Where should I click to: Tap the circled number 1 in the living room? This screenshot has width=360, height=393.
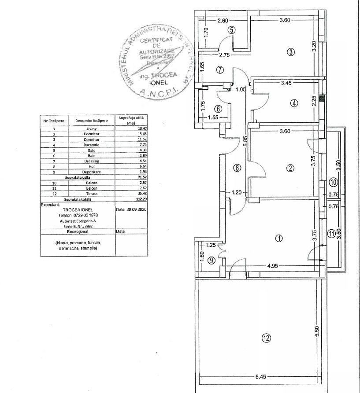pyautogui.click(x=278, y=239)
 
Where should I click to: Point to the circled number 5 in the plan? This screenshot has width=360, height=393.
pyautogui.click(x=232, y=30)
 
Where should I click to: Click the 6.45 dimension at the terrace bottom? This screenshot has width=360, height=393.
pyautogui.click(x=261, y=377)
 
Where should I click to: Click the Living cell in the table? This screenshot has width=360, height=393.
pyautogui.click(x=91, y=129)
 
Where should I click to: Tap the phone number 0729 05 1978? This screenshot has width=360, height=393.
pyautogui.click(x=78, y=215)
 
